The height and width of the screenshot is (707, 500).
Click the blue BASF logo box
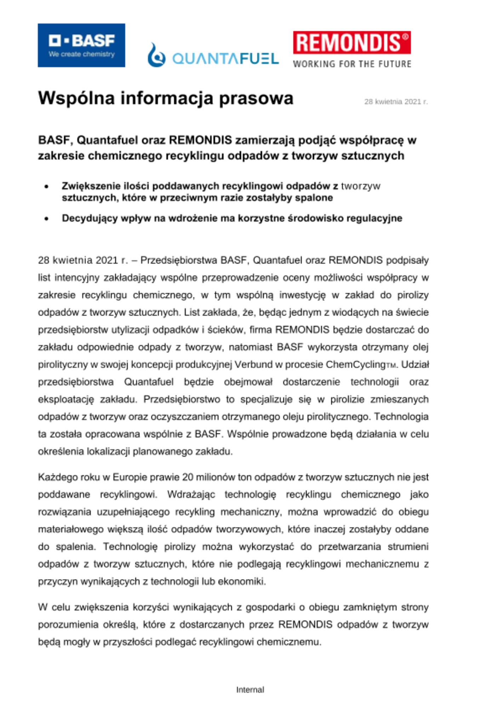click(x=81, y=45)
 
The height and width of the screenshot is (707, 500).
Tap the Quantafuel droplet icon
click(x=156, y=55)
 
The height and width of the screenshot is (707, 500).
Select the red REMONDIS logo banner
click(x=352, y=42)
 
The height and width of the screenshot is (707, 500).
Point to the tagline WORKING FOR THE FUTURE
click(x=352, y=64)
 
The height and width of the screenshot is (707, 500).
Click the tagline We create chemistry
click(x=82, y=54)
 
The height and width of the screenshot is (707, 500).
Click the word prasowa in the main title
click(x=256, y=98)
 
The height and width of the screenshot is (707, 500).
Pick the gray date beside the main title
click(x=396, y=102)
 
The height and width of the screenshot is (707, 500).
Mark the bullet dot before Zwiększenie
click(x=46, y=187)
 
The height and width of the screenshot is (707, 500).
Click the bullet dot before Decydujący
click(x=46, y=219)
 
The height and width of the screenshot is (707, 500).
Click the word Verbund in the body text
click(x=252, y=364)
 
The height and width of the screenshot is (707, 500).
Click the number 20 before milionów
click(x=188, y=477)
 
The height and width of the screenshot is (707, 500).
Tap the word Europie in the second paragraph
click(x=130, y=477)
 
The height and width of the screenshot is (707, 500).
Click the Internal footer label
click(x=250, y=690)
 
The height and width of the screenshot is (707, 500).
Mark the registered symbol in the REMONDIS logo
click(x=406, y=36)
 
